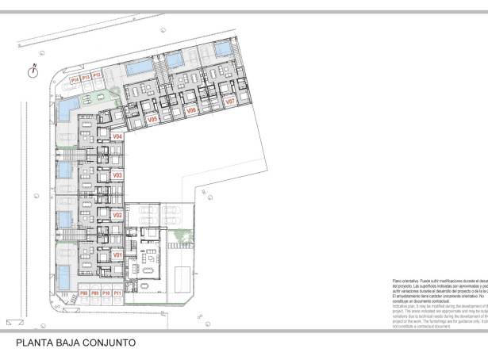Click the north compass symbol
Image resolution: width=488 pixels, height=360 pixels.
coord(33,71)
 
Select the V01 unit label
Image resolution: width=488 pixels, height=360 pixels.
coord(117,255)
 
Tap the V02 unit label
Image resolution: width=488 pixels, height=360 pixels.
coord(117,215)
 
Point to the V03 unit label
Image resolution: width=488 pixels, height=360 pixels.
coord(117,174)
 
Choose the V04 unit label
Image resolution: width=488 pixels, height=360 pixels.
coord(117,136)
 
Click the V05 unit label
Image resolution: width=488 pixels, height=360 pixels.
coord(153,119)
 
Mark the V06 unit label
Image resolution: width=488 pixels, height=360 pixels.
coord(191,111)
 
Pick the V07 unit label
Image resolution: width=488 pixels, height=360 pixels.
coord(229,102)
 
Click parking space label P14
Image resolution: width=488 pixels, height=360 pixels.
coord(75,79)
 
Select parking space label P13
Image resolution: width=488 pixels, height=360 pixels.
coord(86,77)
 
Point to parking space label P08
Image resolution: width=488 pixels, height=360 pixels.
coord(83,293)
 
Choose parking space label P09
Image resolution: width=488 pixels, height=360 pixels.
coord(94,293)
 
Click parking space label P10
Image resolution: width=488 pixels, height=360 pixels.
coord(106,293)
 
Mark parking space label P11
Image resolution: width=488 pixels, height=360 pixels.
coord(117,293)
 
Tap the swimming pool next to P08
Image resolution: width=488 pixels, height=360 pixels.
coord(63,276)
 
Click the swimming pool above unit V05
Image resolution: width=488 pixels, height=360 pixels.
coord(140,68)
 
